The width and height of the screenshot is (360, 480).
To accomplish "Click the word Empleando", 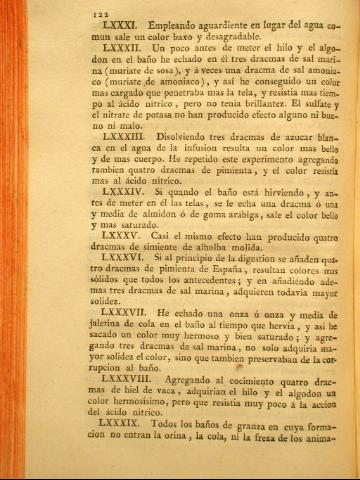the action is [x=128, y=19].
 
